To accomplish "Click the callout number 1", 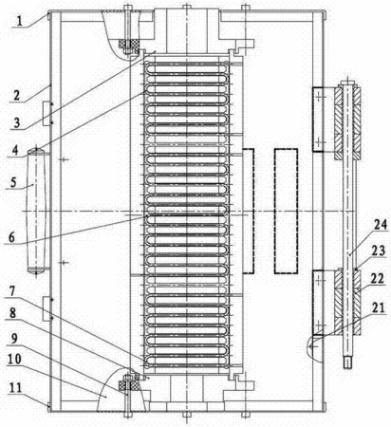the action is (x=20, y=21).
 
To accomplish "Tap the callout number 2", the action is (x=17, y=95).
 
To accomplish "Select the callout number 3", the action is (x=18, y=122).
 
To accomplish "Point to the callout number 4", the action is (x=15, y=150).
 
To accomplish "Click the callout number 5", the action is (x=13, y=182).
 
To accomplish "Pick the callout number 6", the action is (x=11, y=237).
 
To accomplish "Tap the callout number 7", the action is (x=12, y=291).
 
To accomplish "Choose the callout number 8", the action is (x=12, y=313).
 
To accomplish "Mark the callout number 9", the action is (x=14, y=339).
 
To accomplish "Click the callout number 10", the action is (x=14, y=360).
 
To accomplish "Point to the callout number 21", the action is (x=378, y=307).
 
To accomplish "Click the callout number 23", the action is (x=379, y=251).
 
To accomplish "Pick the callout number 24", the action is (x=381, y=225).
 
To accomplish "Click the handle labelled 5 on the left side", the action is (x=36, y=212).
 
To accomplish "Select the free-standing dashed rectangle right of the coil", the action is (x=286, y=211).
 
